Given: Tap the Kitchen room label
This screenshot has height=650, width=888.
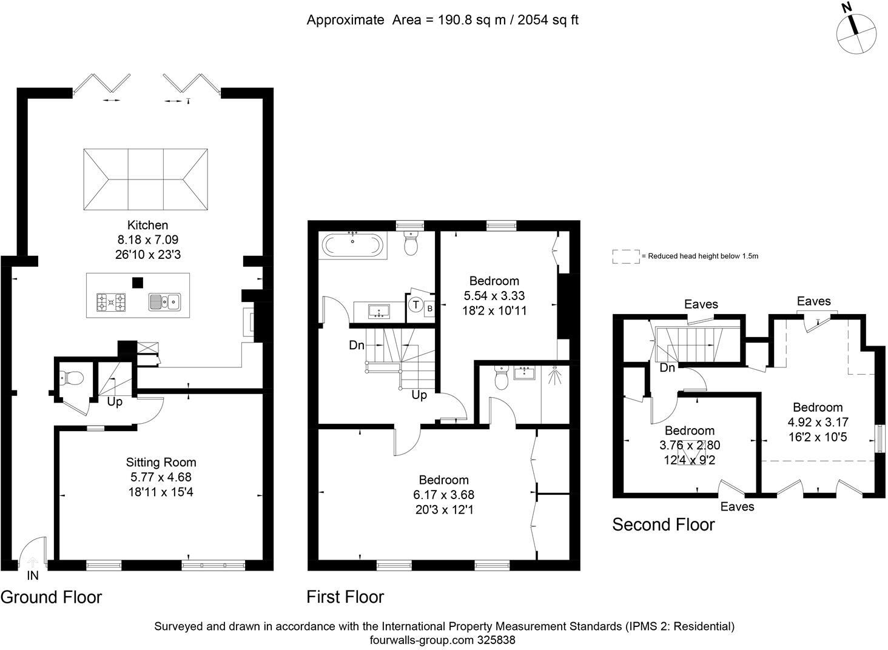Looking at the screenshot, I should pos(147,225).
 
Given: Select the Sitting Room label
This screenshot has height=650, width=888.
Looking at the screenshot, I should pos(161,463).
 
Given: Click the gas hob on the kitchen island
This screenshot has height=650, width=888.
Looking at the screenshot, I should pos(111,301).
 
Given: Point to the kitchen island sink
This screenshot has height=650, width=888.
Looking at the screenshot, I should pos(164,301).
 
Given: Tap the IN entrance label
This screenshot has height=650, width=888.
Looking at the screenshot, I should pos(32,575).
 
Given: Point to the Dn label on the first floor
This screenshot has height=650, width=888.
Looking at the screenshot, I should pos(357,346).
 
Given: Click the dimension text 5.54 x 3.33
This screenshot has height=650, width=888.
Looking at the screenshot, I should pos(494,296).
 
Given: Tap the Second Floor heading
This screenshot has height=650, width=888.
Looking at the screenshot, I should pos(663,524).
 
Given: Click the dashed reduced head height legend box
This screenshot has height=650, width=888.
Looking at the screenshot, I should pos(626,256).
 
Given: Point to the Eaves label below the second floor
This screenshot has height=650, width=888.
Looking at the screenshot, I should pos(737,506).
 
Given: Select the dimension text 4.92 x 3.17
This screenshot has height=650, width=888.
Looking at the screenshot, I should pos(818,422).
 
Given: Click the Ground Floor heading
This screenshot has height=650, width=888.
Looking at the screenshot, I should pos(51,597).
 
